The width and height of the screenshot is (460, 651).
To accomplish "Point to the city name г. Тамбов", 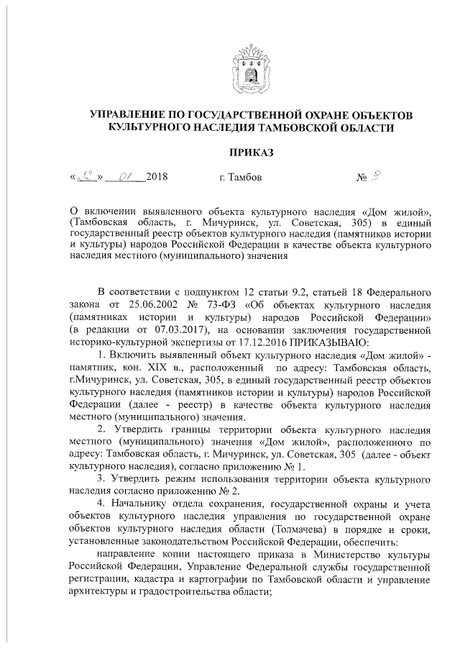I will pos(241,176).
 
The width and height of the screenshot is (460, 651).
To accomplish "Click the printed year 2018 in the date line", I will pos(156,176).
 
